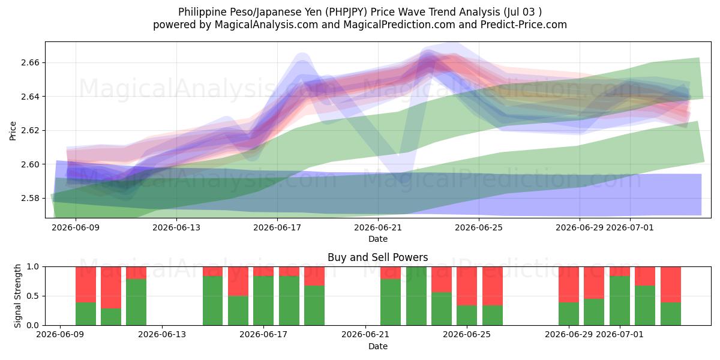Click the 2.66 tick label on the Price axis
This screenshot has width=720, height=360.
click(30, 62)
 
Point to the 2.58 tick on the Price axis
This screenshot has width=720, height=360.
click(30, 198)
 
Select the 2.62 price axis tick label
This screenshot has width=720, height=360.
click(30, 130)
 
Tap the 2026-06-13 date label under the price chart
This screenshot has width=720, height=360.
click(176, 227)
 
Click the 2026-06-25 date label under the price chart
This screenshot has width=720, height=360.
click(479, 227)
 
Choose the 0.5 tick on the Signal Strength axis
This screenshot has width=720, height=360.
click(33, 296)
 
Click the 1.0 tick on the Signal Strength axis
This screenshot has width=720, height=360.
click(33, 267)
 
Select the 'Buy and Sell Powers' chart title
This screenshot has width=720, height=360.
click(377, 257)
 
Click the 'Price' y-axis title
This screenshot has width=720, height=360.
click(13, 131)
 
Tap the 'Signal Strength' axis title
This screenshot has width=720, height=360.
click(17, 296)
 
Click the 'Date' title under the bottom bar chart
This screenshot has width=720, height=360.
click(377, 346)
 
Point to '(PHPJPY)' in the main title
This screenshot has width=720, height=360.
click(346, 12)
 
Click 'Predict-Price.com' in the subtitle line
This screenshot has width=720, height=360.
click(524, 25)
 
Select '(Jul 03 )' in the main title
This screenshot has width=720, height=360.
click(523, 12)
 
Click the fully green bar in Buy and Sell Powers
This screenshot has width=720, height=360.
click(416, 296)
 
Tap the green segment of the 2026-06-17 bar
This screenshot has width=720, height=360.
click(263, 301)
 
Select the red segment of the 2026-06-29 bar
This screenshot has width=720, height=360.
click(569, 284)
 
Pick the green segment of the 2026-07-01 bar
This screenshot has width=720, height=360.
click(620, 301)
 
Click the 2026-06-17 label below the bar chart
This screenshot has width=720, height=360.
click(263, 334)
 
